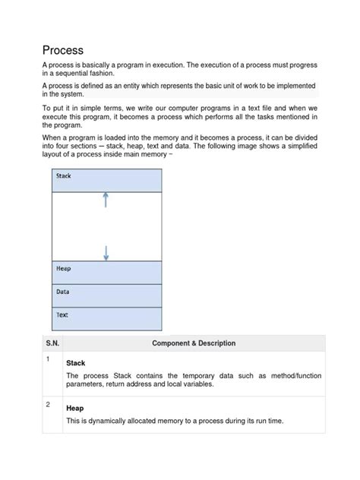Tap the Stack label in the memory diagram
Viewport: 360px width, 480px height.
[64, 176]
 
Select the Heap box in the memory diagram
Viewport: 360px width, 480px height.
[106, 272]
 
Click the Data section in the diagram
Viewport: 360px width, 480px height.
[106, 295]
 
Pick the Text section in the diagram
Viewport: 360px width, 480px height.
[106, 317]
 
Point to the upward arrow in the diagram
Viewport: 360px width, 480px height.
[106, 200]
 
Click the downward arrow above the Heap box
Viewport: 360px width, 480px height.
[106, 252]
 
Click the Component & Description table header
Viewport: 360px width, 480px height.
[194, 343]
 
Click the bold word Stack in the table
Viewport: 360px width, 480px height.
[77, 363]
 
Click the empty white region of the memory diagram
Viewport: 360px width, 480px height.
[106, 226]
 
